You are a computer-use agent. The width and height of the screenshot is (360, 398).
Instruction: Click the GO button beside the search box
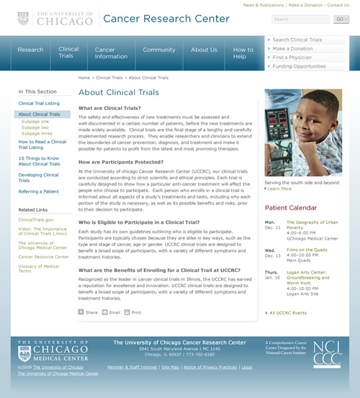(x=341, y=19)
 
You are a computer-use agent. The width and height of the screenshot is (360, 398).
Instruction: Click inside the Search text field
(x=300, y=19)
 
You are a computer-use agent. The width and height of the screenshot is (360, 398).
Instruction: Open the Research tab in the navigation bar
(x=30, y=50)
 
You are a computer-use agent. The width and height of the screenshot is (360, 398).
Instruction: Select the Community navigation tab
(x=159, y=50)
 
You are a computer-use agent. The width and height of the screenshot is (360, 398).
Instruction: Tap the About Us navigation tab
(x=204, y=50)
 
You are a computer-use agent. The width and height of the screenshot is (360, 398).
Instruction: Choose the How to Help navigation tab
(x=243, y=53)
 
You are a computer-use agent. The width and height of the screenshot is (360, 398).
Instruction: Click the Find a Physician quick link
(x=292, y=58)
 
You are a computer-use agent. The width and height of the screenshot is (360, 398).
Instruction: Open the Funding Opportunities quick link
(x=299, y=66)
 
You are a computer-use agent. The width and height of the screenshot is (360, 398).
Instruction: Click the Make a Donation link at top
(x=305, y=5)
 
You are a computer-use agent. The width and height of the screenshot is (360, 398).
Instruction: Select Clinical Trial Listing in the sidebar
(x=39, y=104)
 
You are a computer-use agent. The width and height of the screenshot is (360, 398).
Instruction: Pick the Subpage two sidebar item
(x=35, y=127)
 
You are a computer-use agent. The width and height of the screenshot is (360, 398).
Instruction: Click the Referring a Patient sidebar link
(x=39, y=191)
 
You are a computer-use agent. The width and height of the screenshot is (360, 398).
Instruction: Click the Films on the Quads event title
(x=308, y=250)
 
